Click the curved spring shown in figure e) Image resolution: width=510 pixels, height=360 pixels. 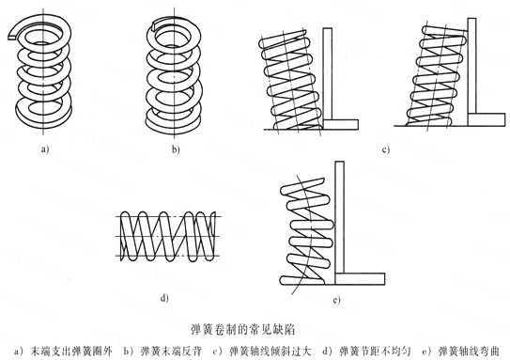click(305, 229)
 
